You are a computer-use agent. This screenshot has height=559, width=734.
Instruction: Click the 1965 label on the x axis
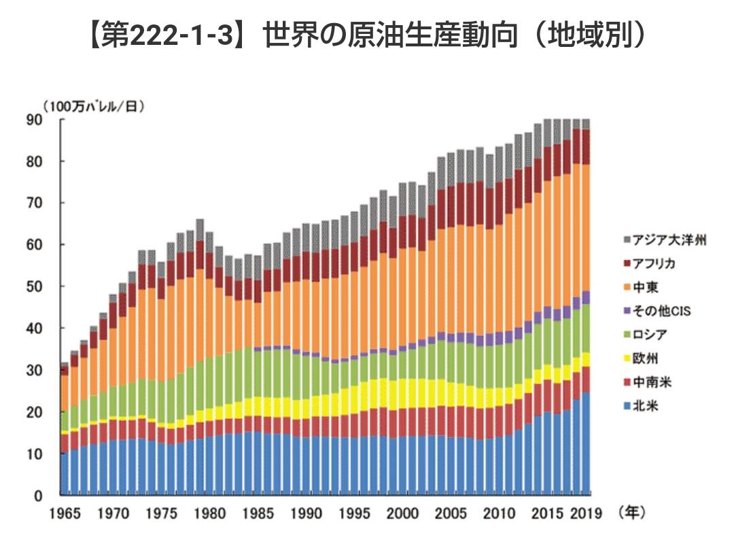coord(63,513)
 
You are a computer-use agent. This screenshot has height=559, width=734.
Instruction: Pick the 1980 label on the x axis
coord(209,513)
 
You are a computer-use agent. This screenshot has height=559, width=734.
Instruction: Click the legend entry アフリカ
coord(657,264)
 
